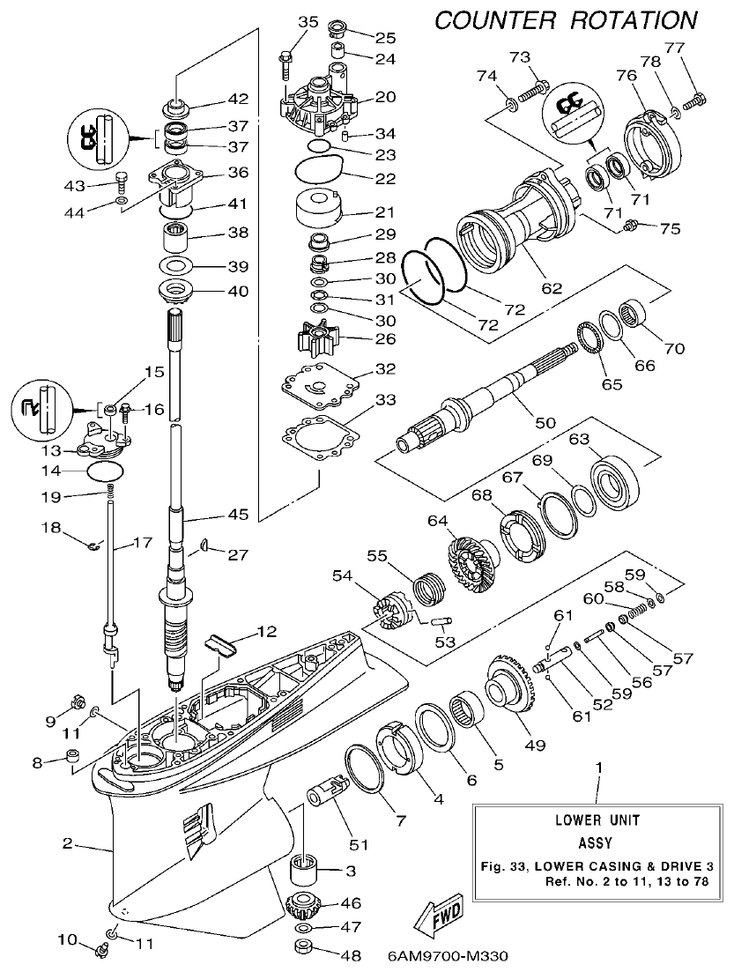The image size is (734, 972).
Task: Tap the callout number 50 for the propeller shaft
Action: coord(545,423)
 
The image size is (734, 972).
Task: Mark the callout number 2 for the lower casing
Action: coord(67,843)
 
